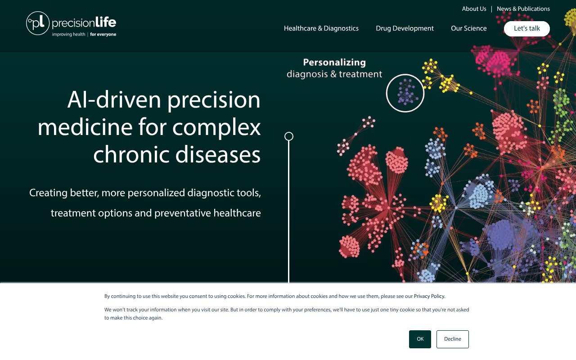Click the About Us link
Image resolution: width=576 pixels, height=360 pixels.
[474, 9]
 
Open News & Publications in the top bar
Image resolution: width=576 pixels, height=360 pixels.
[523, 9]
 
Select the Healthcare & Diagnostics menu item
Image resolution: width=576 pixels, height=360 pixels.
[321, 28]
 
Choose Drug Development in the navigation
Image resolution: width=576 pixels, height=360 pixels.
[405, 28]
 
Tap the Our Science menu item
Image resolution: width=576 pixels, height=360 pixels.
[468, 28]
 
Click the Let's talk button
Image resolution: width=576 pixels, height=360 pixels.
[526, 28]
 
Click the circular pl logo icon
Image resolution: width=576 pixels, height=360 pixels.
[38, 23]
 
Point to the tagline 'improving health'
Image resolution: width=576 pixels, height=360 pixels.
[68, 34]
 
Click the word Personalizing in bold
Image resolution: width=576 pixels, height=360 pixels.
[334, 63]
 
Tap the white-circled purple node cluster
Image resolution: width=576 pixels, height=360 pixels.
[405, 93]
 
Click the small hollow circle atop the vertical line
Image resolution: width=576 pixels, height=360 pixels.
[289, 136]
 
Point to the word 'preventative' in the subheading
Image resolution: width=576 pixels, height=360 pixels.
[183, 213]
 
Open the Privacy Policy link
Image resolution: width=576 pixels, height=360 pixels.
[429, 296]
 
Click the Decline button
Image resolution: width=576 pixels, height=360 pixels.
[452, 339]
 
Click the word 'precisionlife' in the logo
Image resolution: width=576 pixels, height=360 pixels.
[84, 22]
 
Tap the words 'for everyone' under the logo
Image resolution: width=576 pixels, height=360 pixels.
[103, 34]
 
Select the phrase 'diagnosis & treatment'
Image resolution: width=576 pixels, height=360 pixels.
[334, 74]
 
